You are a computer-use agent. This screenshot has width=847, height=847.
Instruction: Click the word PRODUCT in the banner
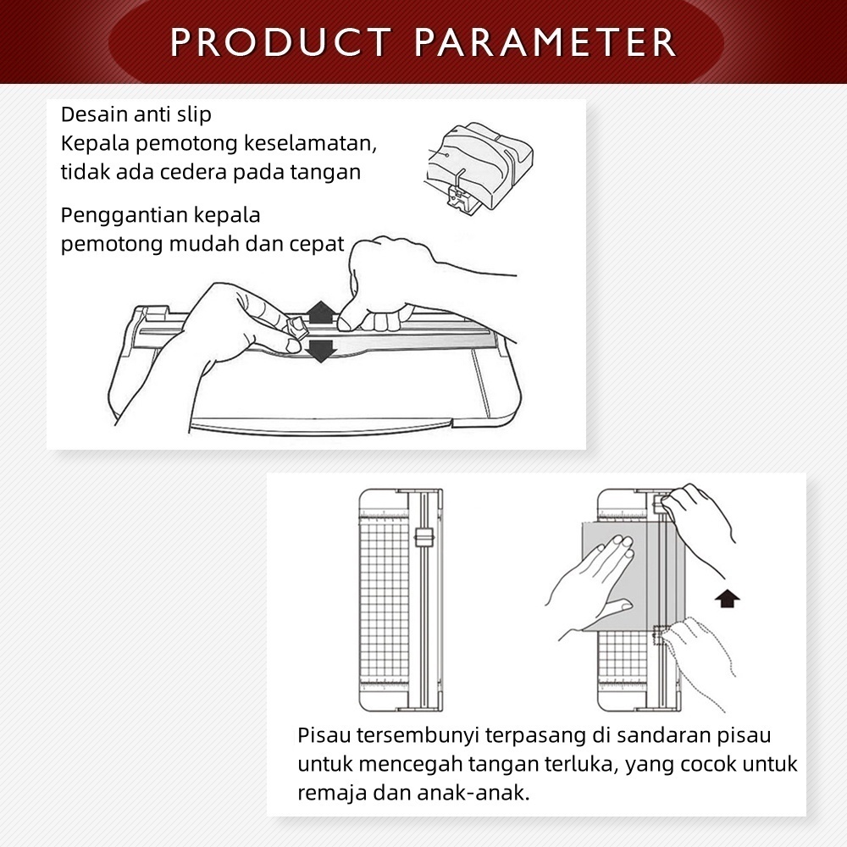tap(281, 42)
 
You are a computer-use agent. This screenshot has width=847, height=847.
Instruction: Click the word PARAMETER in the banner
tap(545, 42)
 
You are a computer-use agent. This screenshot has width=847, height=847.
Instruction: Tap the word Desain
tap(95, 114)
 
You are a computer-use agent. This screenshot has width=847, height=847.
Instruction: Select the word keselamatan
tap(310, 143)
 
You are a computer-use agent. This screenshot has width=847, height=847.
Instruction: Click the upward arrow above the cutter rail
tap(321, 313)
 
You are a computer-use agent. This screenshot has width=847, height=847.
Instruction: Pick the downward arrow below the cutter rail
tap(321, 351)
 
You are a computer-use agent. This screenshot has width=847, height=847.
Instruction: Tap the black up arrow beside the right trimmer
tap(727, 598)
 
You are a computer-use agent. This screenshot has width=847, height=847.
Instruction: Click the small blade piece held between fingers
tap(295, 326)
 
